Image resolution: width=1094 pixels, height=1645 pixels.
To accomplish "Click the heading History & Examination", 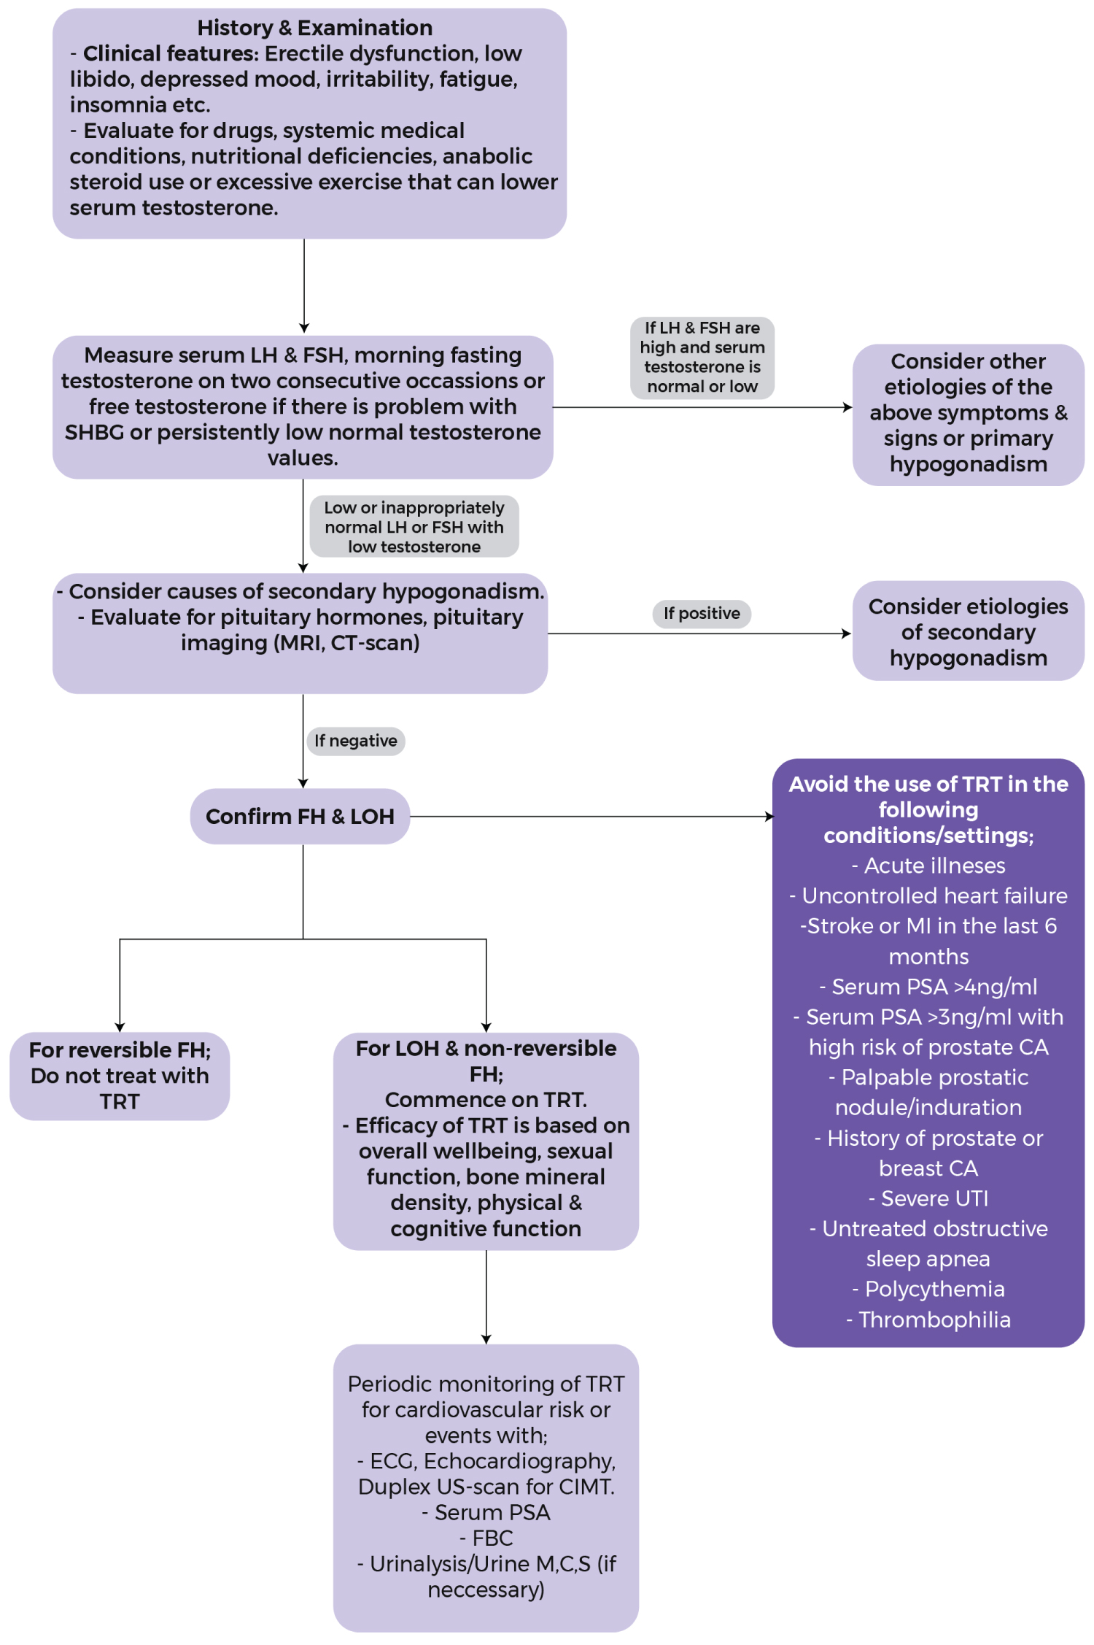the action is pyautogui.click(x=314, y=28).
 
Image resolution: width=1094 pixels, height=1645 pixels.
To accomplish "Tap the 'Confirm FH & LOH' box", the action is pyautogui.click(x=300, y=816).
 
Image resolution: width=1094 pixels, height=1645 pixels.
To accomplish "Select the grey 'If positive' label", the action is pyautogui.click(x=702, y=613).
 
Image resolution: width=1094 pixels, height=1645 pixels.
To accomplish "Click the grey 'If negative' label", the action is pyautogui.click(x=356, y=741).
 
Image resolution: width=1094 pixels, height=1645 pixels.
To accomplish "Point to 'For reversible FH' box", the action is pyautogui.click(x=120, y=1076).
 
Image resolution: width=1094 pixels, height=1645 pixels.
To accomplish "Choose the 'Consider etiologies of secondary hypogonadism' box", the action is pyautogui.click(x=968, y=631).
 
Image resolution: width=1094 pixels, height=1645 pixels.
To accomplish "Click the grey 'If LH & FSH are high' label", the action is pyautogui.click(x=702, y=358).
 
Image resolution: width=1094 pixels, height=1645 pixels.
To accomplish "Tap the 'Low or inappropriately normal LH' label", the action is pyautogui.click(x=414, y=527).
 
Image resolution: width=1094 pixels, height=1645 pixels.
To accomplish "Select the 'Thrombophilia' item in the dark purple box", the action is pyautogui.click(x=928, y=1320).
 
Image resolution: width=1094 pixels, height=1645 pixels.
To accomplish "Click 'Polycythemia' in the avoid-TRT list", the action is pyautogui.click(x=928, y=1289).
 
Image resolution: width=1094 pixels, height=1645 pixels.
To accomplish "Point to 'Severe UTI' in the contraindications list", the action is pyautogui.click(x=928, y=1198).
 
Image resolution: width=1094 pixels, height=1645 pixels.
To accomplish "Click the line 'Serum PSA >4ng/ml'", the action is pyautogui.click(x=928, y=987).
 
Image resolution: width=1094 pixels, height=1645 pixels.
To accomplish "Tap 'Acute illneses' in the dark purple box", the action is pyautogui.click(x=928, y=866).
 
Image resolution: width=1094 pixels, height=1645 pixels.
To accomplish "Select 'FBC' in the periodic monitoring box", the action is pyautogui.click(x=486, y=1538).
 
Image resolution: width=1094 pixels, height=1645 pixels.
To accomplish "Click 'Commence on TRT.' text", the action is pyautogui.click(x=486, y=1099).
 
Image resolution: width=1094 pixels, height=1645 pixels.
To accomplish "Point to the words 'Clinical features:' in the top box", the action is pyautogui.click(x=171, y=53).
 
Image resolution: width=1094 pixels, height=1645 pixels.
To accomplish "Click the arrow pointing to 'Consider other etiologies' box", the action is pyautogui.click(x=702, y=407).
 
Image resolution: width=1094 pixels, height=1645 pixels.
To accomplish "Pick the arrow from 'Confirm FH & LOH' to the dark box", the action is pyautogui.click(x=591, y=817).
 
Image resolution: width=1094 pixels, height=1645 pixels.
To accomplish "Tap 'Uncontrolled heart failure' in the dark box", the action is pyautogui.click(x=928, y=895).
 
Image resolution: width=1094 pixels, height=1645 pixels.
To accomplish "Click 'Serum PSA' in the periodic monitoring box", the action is pyautogui.click(x=486, y=1512).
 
